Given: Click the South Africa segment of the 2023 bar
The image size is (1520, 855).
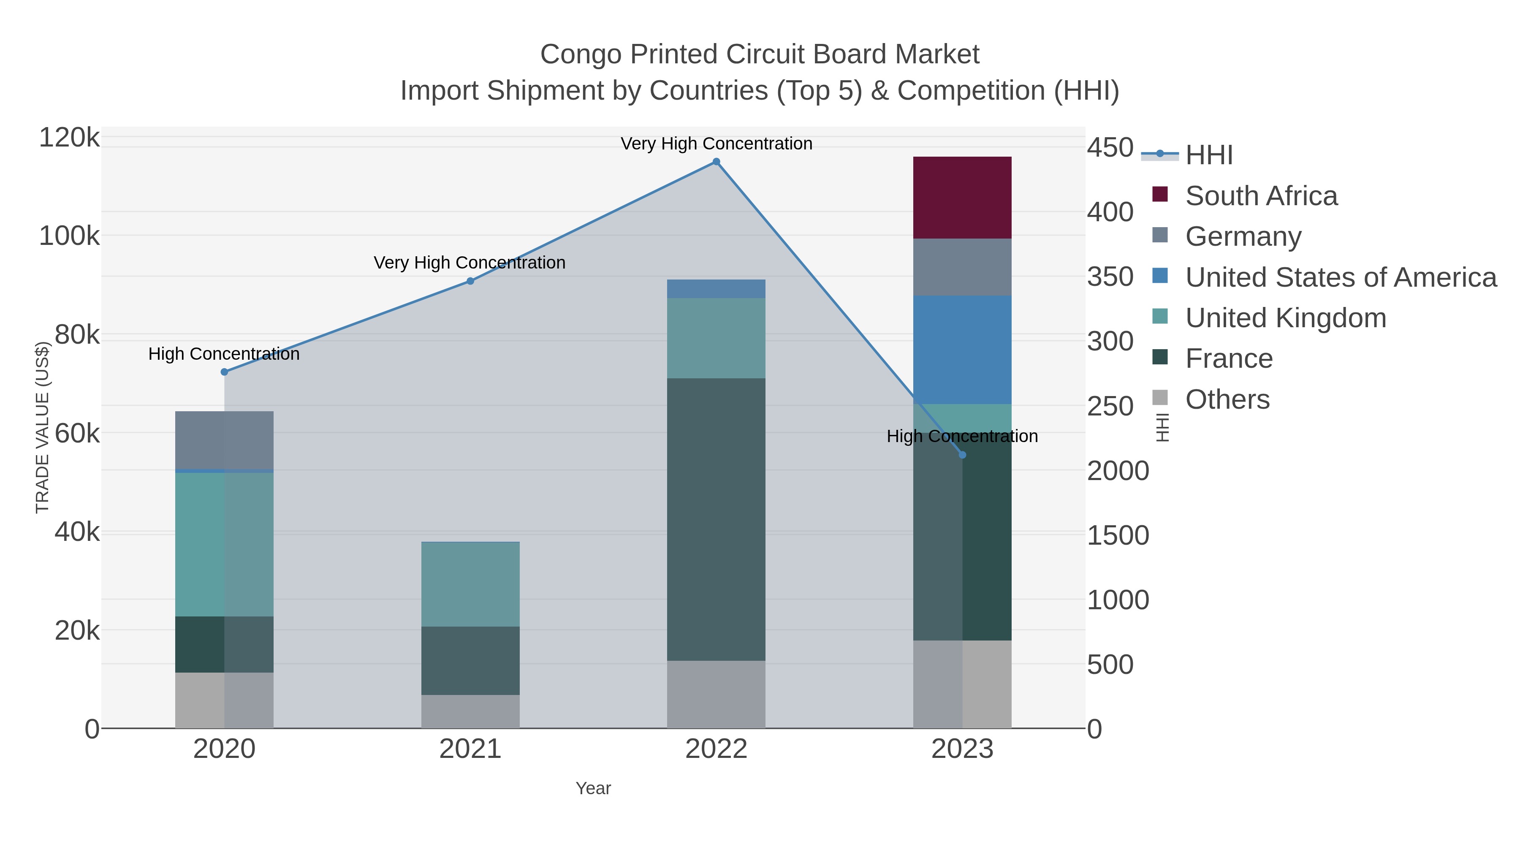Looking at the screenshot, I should (962, 198).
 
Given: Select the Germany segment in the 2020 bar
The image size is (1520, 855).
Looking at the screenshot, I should (224, 440).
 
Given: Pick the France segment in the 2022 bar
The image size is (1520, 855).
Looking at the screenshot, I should (716, 519).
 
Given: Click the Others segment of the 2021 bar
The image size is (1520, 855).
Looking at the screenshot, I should (470, 711).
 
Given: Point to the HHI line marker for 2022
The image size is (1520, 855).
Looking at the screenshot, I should (716, 162).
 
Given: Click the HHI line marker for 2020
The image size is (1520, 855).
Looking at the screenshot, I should (224, 372).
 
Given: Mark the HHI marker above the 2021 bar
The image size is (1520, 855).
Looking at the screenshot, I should (470, 281).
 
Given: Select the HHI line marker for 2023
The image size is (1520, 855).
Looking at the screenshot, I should (962, 455).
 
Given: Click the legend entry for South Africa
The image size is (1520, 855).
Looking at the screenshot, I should (1260, 196).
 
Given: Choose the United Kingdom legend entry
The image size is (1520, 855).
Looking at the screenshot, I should (1285, 318).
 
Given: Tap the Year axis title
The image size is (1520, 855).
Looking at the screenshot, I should (593, 788).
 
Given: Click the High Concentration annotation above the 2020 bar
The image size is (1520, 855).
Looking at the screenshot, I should (224, 354).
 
